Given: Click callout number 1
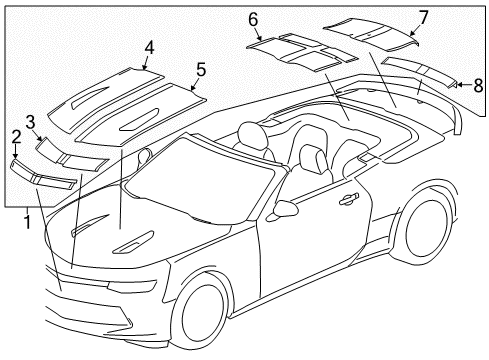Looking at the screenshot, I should click(x=27, y=221).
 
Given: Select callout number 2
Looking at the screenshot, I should click(x=16, y=136).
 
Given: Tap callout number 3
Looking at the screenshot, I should click(x=31, y=122).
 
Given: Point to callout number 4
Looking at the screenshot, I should click(x=148, y=47).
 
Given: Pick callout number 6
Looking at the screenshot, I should click(x=253, y=19).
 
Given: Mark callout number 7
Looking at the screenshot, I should click(x=423, y=16).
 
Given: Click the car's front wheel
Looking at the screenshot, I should click(x=203, y=313).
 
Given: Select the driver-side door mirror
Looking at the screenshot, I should click(x=286, y=209).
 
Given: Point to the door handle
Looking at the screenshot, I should click(x=349, y=199).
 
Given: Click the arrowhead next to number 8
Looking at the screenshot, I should click(x=459, y=85).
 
